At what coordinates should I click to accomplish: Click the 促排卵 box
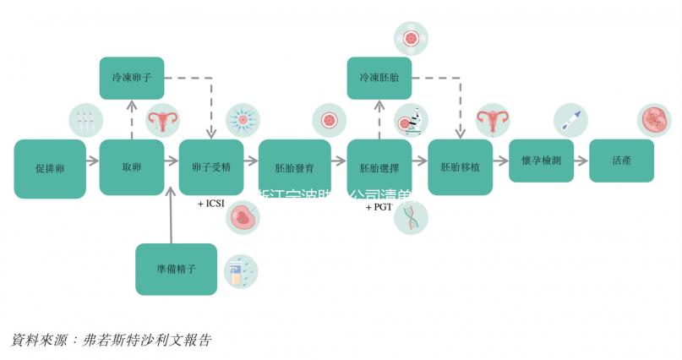50,168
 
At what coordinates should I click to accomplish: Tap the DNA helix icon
412,218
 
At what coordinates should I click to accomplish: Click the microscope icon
412,121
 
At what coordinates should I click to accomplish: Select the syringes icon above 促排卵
84,121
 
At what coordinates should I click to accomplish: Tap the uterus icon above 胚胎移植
490,121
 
